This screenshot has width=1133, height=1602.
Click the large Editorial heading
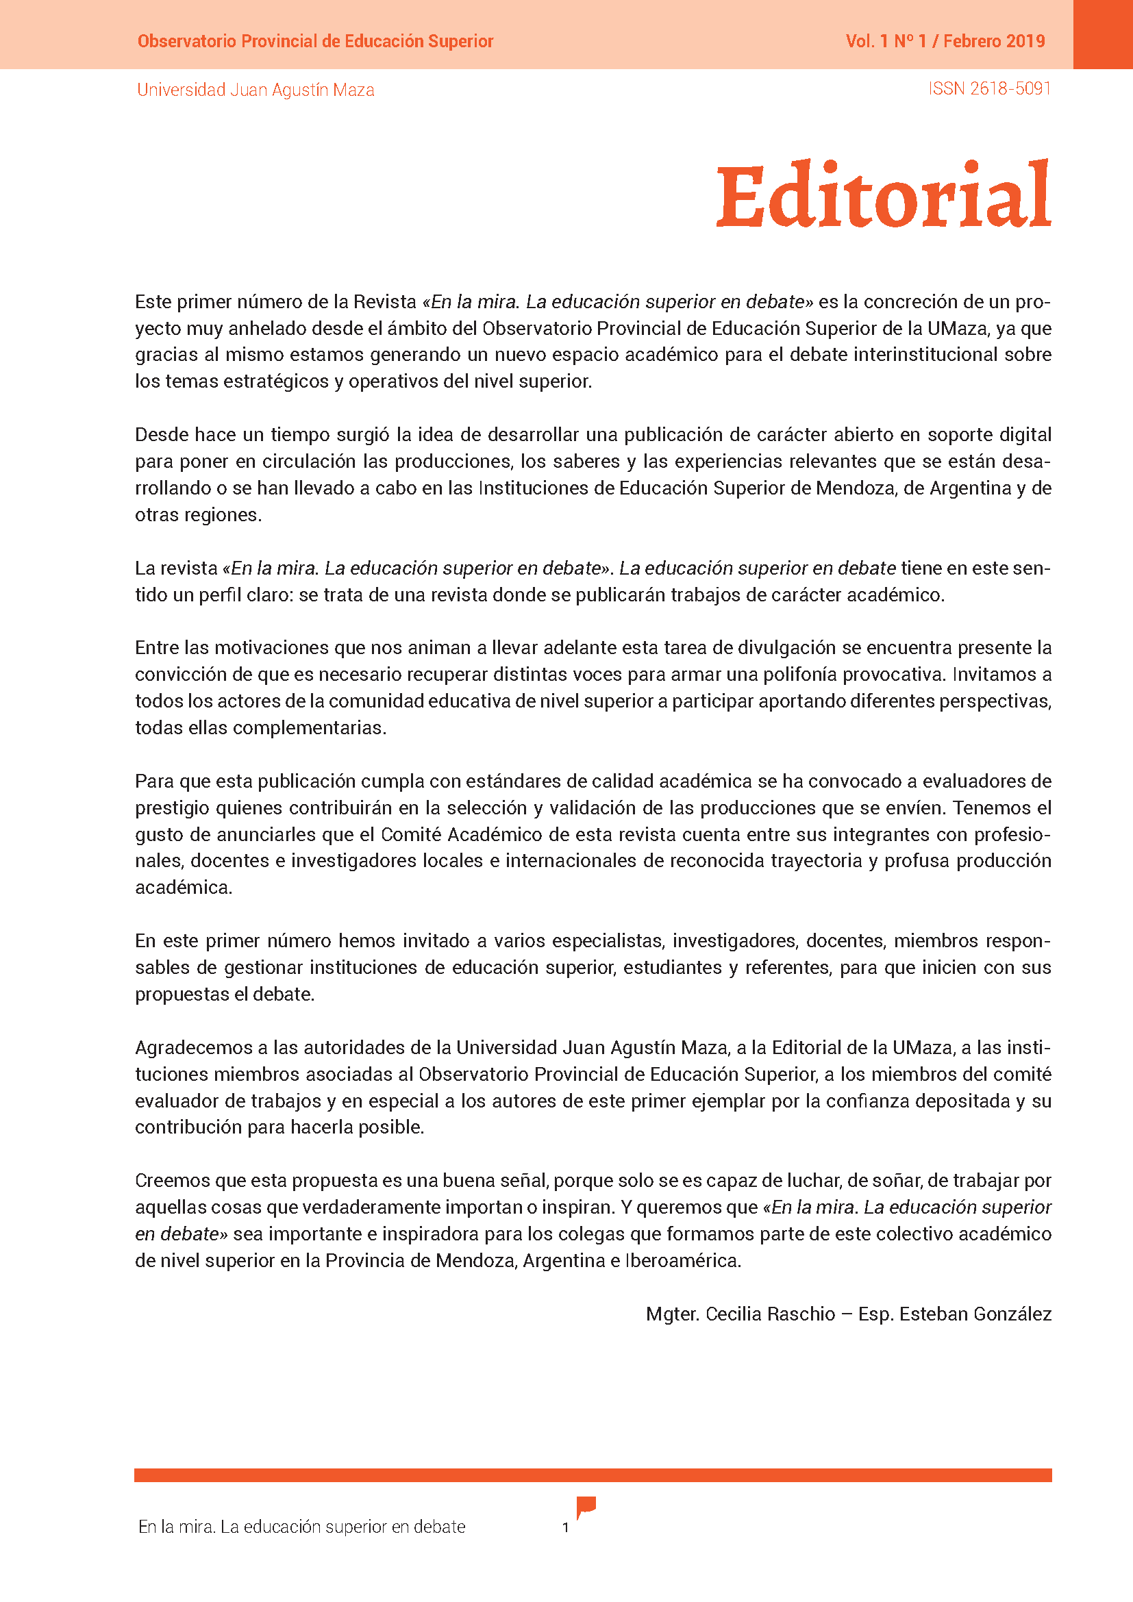[883, 195]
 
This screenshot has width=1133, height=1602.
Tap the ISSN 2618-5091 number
[988, 88]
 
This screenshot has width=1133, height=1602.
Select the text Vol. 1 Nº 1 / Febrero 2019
[945, 41]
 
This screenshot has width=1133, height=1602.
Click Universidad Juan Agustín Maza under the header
[256, 90]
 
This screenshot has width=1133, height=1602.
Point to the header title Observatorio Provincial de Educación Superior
[315, 41]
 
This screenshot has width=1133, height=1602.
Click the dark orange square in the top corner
[1102, 34]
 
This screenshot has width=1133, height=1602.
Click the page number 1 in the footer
[565, 1527]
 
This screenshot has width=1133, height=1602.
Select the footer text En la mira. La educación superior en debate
[301, 1527]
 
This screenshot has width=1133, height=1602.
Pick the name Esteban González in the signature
[975, 1314]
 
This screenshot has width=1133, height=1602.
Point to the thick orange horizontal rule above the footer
[593, 1475]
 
